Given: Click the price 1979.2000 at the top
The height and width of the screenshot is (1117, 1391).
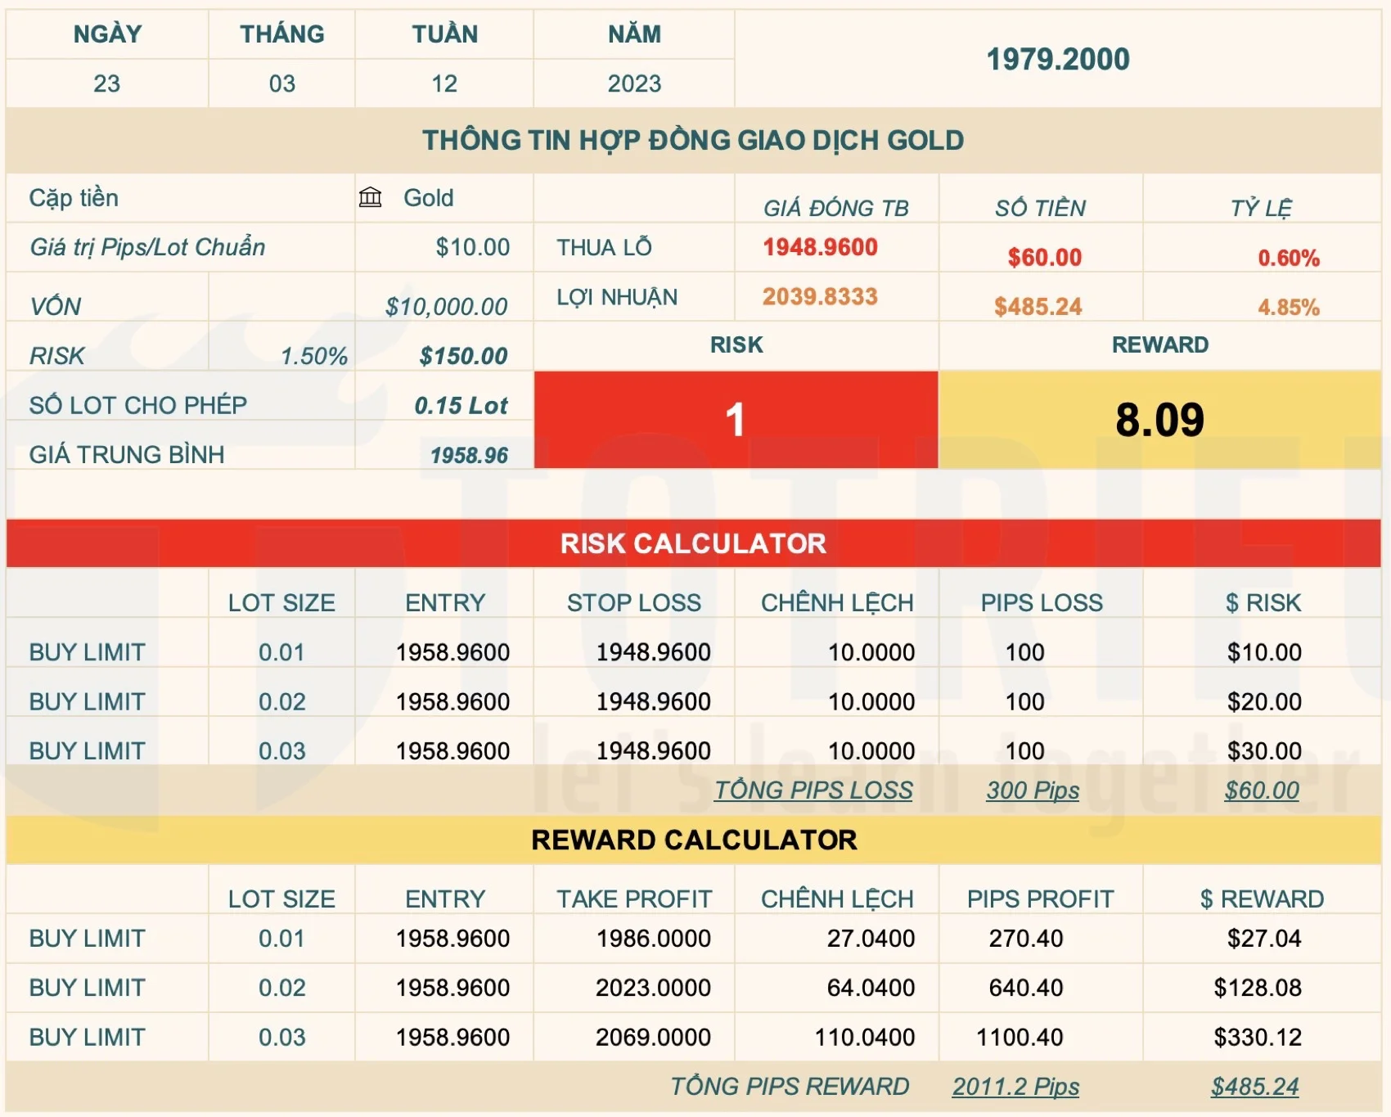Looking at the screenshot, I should click(x=1057, y=59).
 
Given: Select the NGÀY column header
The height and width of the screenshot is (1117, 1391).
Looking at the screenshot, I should click(x=107, y=34).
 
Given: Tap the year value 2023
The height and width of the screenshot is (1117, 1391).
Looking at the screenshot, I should click(x=634, y=83).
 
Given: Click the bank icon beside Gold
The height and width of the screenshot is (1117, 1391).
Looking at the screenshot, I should click(x=371, y=197).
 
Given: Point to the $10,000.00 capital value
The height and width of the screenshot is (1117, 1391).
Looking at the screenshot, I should click(x=446, y=307).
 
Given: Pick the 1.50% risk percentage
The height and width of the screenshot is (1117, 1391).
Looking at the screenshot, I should click(x=314, y=356).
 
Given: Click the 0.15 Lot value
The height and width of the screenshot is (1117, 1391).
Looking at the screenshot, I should click(x=461, y=405).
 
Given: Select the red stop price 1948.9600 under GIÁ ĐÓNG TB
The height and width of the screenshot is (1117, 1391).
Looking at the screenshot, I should click(x=820, y=247).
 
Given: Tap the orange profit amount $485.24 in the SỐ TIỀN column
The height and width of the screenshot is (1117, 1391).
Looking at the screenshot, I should click(x=1038, y=307).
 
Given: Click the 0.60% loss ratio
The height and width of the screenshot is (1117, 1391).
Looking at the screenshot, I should click(x=1288, y=258).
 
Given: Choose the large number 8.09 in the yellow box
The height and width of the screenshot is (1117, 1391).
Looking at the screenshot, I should click(x=1159, y=420).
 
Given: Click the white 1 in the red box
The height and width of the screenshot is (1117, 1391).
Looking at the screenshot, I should click(x=735, y=420).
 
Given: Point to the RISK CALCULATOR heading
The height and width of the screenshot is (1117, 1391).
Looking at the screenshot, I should click(x=693, y=543).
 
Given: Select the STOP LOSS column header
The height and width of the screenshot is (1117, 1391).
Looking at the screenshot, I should click(x=634, y=603).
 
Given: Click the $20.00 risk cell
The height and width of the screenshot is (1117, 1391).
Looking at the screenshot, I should click(x=1263, y=701).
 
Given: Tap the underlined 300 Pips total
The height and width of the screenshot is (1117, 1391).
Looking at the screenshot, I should click(x=1033, y=790).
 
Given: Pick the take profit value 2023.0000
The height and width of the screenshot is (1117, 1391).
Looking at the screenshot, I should click(x=653, y=988).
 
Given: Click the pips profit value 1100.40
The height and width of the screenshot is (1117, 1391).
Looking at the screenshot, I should click(x=1020, y=1037).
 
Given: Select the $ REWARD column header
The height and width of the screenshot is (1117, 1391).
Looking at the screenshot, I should click(x=1262, y=899).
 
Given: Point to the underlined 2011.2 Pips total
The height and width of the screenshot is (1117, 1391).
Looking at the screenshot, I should click(x=1015, y=1087).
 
